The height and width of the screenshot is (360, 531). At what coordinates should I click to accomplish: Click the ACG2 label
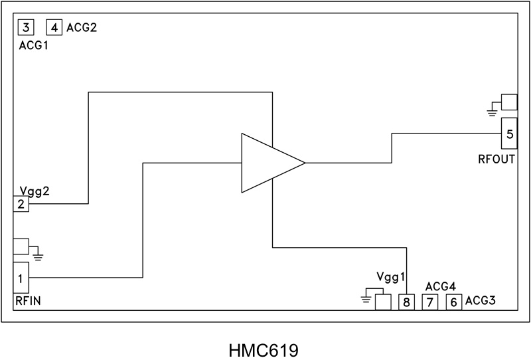tap(82, 27)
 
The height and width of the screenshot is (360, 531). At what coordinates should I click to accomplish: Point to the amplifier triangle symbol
tap(269, 163)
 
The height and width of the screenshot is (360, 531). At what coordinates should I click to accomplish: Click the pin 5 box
tap(509, 134)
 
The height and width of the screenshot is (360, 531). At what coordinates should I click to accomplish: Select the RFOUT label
tap(497, 159)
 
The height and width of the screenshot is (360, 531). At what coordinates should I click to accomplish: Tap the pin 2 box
tap(21, 204)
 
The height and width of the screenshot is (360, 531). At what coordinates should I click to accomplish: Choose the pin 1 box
tap(21, 278)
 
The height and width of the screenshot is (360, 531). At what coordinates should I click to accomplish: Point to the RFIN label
tap(29, 302)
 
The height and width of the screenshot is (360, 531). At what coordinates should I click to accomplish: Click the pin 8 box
tap(406, 302)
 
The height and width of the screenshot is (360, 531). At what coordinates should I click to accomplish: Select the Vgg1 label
tap(390, 277)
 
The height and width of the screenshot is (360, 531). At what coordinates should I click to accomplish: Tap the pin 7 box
tap(429, 302)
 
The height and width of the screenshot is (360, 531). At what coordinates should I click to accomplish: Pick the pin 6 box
tap(453, 302)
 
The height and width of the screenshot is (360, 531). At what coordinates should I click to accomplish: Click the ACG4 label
tap(440, 286)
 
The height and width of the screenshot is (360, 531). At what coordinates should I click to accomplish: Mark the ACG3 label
tap(481, 301)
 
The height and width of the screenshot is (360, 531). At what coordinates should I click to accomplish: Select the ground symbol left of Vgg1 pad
tap(366, 298)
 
